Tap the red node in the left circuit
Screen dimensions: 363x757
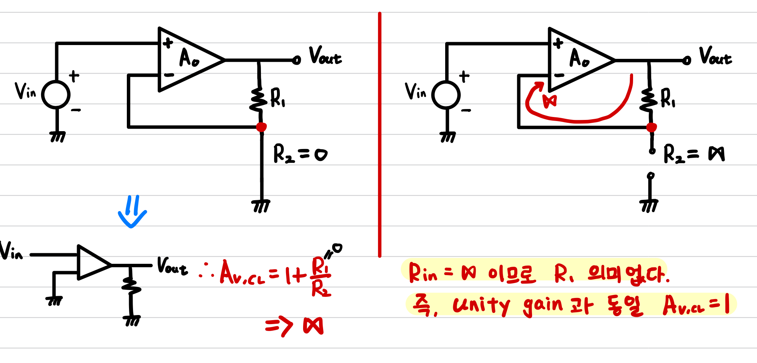pyautogui.click(x=261, y=127)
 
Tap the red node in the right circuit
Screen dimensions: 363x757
pyautogui.click(x=651, y=127)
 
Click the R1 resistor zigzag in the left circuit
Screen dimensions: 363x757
pyautogui.click(x=259, y=99)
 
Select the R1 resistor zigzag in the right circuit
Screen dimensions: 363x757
pyautogui.click(x=649, y=99)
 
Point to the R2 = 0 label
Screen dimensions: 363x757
pyautogui.click(x=300, y=153)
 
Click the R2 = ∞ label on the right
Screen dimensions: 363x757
pyautogui.click(x=693, y=153)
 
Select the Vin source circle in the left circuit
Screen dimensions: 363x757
pyautogui.click(x=56, y=94)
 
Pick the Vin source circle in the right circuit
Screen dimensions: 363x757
pyautogui.click(x=446, y=94)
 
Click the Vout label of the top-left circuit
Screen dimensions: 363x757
pyautogui.click(x=325, y=56)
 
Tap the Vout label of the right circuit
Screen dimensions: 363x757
pyautogui.click(x=715, y=56)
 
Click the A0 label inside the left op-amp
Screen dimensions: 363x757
pyautogui.click(x=189, y=58)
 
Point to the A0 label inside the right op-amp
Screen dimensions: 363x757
pyautogui.click(x=579, y=58)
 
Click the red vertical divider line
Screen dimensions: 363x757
pyautogui.click(x=379, y=134)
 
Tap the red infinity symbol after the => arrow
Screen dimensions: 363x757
pyautogui.click(x=313, y=326)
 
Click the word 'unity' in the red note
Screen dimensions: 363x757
pyautogui.click(x=481, y=305)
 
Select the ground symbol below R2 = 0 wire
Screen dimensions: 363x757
pyautogui.click(x=261, y=206)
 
